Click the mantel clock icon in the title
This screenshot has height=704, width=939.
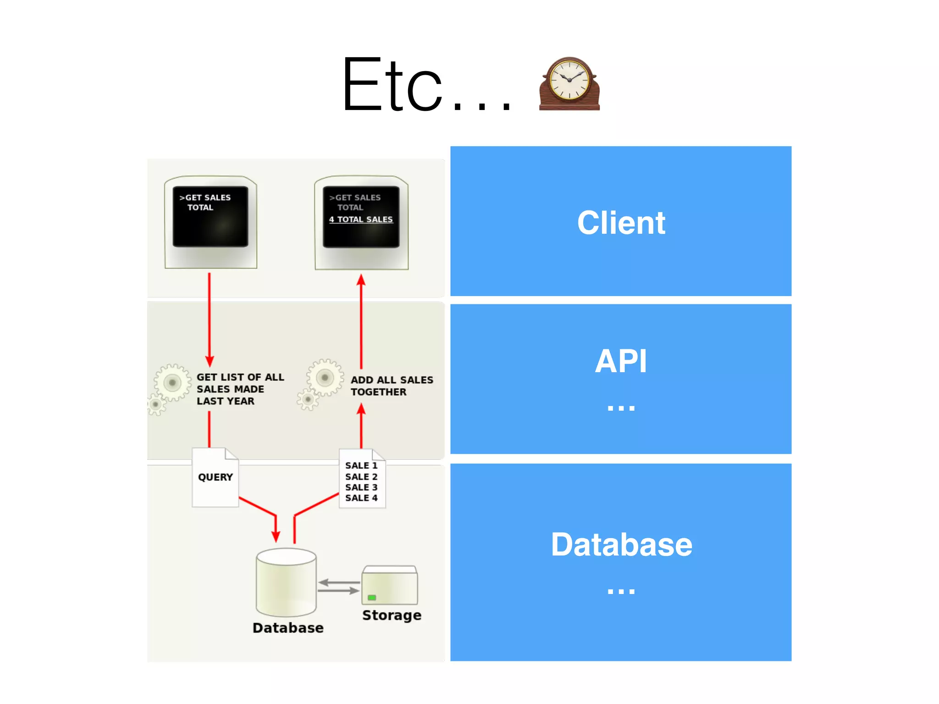[x=569, y=84]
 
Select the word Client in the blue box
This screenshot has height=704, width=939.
[x=621, y=223]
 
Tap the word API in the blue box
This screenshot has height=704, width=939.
[x=621, y=362]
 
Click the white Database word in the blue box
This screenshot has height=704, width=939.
[x=621, y=545]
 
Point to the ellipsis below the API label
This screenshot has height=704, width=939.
[x=621, y=407]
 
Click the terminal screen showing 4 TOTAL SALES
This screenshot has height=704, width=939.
[x=361, y=217]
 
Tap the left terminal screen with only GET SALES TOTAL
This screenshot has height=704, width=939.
[x=210, y=217]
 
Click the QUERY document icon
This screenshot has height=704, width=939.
[x=215, y=478]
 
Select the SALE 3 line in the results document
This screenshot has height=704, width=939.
[x=361, y=487]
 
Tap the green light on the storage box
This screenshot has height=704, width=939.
[x=372, y=598]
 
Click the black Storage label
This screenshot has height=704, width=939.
[x=392, y=615]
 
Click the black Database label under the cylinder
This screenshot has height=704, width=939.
[x=288, y=628]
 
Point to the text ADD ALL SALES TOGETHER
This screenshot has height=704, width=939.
[x=391, y=386]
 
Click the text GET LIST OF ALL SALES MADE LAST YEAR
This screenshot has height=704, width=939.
[x=240, y=389]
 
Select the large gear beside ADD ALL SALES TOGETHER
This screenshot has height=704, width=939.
[x=325, y=378]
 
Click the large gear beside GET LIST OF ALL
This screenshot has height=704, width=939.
[x=172, y=382]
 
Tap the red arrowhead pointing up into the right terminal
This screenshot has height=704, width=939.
[x=361, y=280]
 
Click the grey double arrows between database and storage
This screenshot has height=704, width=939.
[x=339, y=587]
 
